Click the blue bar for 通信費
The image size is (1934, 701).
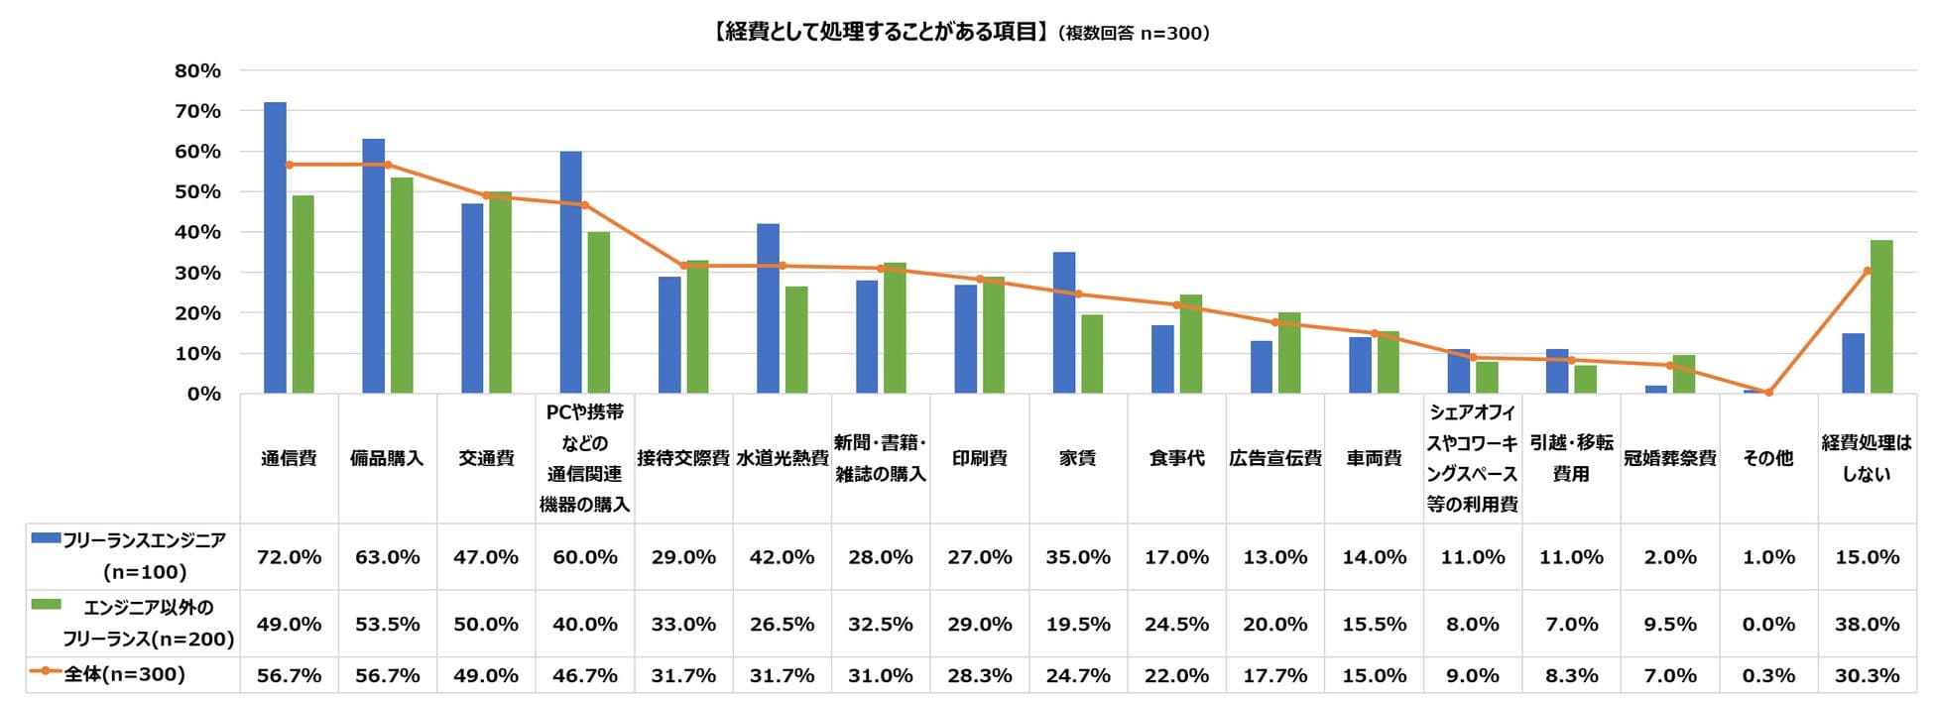pyautogui.click(x=275, y=248)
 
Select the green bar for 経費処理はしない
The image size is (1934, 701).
pyautogui.click(x=1881, y=317)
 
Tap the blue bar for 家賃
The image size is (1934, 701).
pyautogui.click(x=1064, y=323)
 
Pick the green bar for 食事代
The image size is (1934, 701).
pyautogui.click(x=1190, y=344)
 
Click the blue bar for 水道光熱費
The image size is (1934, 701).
pyautogui.click(x=768, y=309)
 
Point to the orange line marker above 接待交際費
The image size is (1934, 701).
pyautogui.click(x=683, y=266)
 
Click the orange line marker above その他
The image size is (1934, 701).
pyautogui.click(x=1768, y=393)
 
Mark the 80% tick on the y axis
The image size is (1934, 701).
pyautogui.click(x=197, y=70)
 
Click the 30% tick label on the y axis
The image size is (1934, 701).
pyautogui.click(x=197, y=273)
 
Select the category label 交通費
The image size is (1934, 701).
pyautogui.click(x=486, y=458)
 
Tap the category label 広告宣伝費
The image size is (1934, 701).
pyautogui.click(x=1275, y=458)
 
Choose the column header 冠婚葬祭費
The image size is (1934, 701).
pyautogui.click(x=1670, y=458)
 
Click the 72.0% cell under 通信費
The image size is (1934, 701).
pyautogui.click(x=289, y=557)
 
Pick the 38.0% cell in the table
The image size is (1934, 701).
pyautogui.click(x=1867, y=625)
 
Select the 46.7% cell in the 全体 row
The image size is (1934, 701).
pyautogui.click(x=585, y=675)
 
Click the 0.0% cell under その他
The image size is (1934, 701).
pyautogui.click(x=1768, y=625)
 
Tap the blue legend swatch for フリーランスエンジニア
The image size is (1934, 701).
pyautogui.click(x=46, y=537)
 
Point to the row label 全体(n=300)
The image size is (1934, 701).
pyautogui.click(x=125, y=674)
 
